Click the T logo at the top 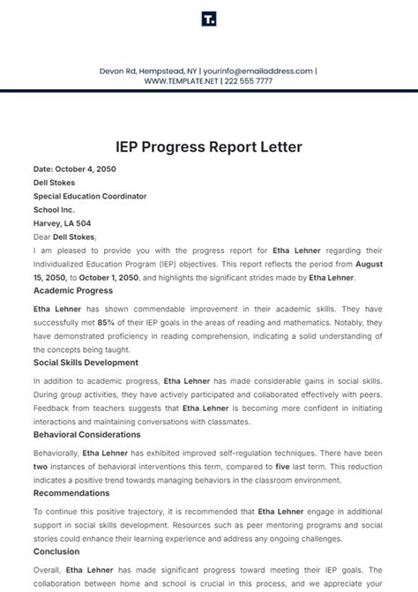tap(208, 19)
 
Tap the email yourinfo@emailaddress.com tap(258, 70)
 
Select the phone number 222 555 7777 tap(250, 80)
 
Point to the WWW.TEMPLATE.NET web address tap(182, 80)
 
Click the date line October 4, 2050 tap(75, 169)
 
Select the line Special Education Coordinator tap(90, 196)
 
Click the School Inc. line tap(55, 210)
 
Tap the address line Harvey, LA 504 tap(62, 223)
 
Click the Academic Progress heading tap(72, 290)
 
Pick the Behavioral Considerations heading tap(87, 435)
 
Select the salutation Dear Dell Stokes tap(64, 236)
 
